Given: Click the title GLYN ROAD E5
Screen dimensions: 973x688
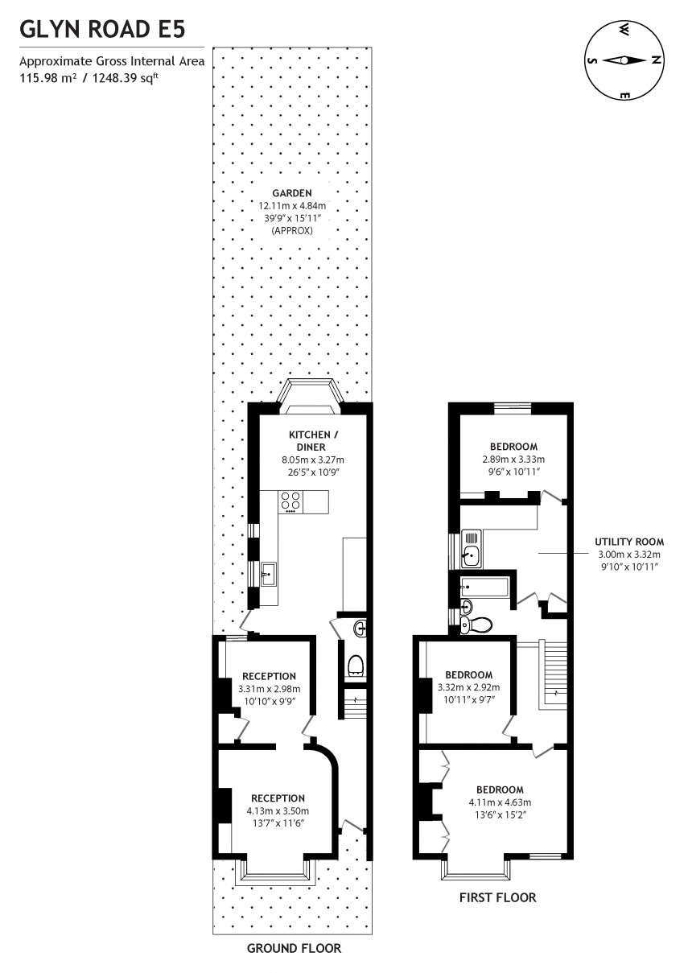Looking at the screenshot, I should (x=102, y=30).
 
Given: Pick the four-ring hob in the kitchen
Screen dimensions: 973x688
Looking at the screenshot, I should (x=290, y=501).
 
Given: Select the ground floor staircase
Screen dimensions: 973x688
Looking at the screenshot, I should (x=355, y=707).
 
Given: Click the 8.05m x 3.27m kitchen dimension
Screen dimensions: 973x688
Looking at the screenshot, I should (x=312, y=460).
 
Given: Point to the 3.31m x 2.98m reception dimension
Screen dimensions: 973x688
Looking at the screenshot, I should (x=269, y=689).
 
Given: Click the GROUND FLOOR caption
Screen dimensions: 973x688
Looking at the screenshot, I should (x=294, y=948).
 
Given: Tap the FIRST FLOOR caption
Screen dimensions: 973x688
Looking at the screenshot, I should (x=497, y=897).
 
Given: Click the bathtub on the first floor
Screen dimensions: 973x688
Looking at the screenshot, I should (x=484, y=587).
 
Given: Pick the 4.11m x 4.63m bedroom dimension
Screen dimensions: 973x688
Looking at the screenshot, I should (x=499, y=802).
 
